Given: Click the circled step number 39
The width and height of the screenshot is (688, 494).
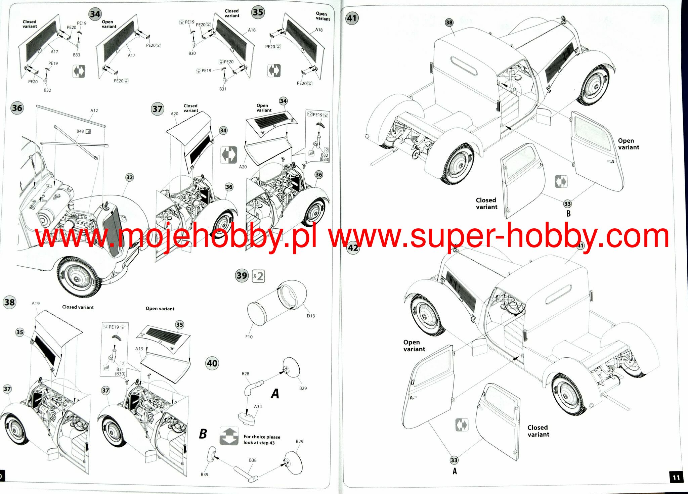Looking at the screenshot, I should click(x=242, y=276).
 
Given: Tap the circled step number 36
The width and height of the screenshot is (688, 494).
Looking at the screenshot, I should click(x=17, y=108).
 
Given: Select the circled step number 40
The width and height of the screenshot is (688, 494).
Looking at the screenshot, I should click(x=212, y=363).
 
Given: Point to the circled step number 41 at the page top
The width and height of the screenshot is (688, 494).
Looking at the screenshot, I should click(x=352, y=18).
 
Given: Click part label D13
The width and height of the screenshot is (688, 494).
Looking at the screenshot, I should click(x=311, y=316).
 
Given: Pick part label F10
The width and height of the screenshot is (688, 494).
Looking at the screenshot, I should click(x=249, y=337).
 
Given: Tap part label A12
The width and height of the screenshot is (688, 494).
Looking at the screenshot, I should click(x=94, y=110).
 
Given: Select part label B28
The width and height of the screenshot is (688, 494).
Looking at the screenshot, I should click(x=246, y=374).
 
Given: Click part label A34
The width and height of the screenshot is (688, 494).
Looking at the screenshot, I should click(x=258, y=407).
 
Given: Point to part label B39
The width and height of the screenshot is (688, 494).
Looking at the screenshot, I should click(x=205, y=475).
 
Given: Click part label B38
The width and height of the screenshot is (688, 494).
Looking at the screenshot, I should click(x=253, y=460).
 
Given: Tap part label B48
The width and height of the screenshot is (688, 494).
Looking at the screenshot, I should click(x=80, y=131).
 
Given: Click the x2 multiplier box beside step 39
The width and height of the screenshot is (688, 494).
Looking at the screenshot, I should click(x=258, y=276).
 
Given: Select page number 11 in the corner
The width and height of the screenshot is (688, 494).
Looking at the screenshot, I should click(x=676, y=477).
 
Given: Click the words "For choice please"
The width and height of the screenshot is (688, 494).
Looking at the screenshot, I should click(x=262, y=437).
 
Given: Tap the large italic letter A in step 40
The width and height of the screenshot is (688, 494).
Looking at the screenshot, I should click(x=275, y=394).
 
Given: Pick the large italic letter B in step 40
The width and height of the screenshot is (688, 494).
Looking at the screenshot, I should click(x=203, y=434).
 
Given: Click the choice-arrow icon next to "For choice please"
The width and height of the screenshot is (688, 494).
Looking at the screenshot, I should click(x=229, y=436).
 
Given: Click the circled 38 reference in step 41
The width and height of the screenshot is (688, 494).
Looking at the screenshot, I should click(x=449, y=23).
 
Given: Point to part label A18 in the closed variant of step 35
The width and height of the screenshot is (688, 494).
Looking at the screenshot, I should click(x=252, y=30).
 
